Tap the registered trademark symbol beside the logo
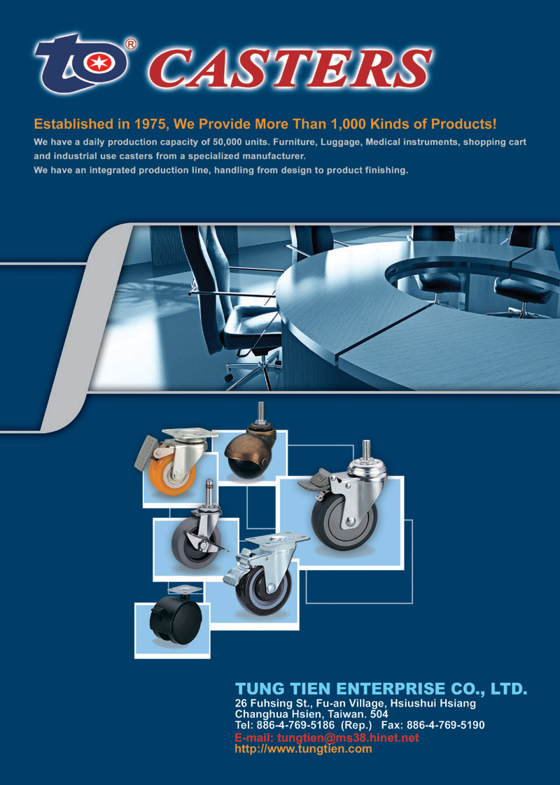pyautogui.click(x=129, y=44)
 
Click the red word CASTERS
pyautogui.click(x=290, y=68)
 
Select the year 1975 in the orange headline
pyautogui.click(x=150, y=124)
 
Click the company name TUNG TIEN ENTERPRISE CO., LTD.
pyautogui.click(x=381, y=689)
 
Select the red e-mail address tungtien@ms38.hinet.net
pyautogui.click(x=348, y=737)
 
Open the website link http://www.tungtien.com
pyautogui.click(x=304, y=749)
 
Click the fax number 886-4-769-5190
pyautogui.click(x=445, y=725)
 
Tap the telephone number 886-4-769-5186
pyautogui.click(x=295, y=725)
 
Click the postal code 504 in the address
pyautogui.click(x=379, y=714)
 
